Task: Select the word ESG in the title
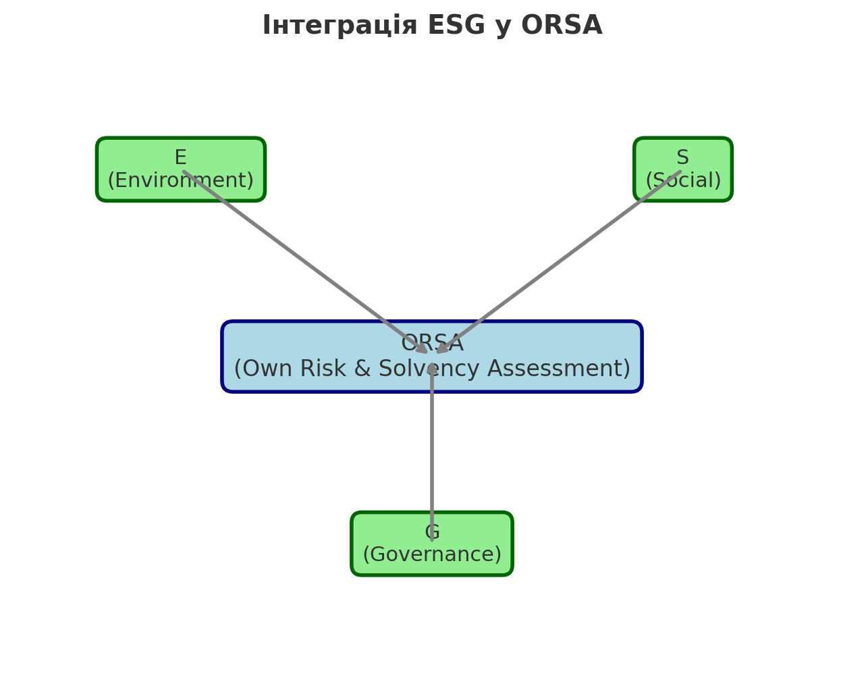(456, 26)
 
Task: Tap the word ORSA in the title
(562, 26)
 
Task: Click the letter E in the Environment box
(180, 158)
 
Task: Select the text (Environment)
(180, 181)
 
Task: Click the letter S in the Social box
(682, 158)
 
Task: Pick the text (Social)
(683, 181)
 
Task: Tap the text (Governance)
(432, 555)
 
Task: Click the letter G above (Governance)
(432, 533)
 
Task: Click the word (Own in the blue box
(263, 369)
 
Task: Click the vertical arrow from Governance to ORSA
(432, 459)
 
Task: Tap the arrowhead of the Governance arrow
(432, 368)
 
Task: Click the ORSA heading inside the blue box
(432, 344)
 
